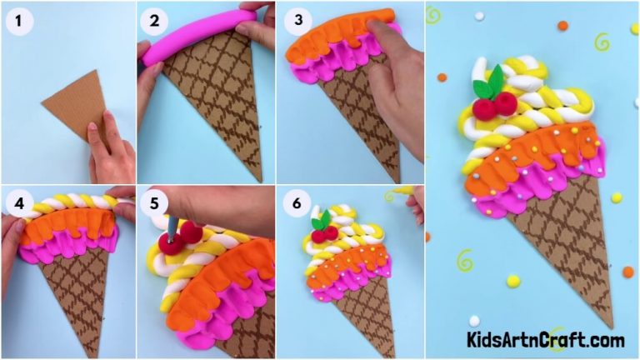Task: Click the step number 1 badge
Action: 17,21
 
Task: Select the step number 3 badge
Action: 297,21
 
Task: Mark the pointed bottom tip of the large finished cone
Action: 609,325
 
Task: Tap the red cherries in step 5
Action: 182,237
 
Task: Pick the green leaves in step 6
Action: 321,221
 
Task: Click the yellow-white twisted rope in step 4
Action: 67,203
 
